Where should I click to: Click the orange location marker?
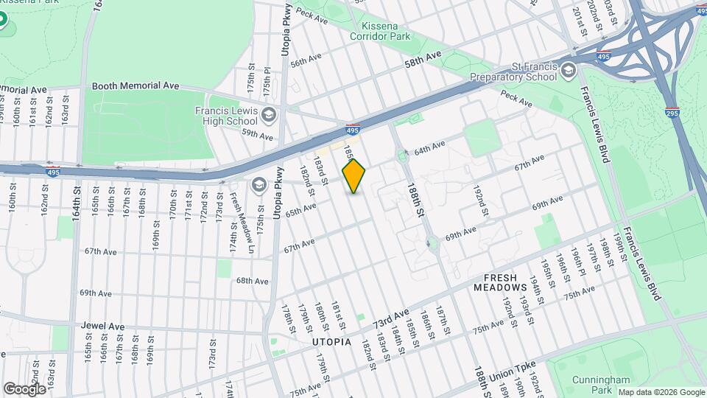click(x=353, y=176)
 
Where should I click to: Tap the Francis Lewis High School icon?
click(x=269, y=115)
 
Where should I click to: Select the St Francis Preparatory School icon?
click(x=568, y=71)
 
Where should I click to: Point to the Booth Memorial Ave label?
click(x=136, y=85)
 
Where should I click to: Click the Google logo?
click(x=24, y=388)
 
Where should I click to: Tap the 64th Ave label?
click(x=430, y=148)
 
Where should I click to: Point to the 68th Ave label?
click(x=252, y=281)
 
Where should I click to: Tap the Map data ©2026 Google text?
click(x=661, y=392)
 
